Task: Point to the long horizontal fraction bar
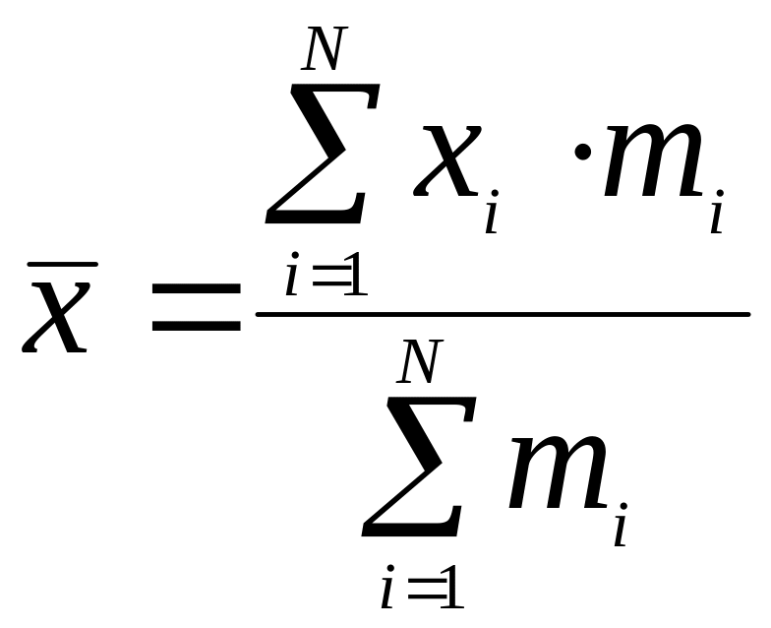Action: (x=503, y=315)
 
